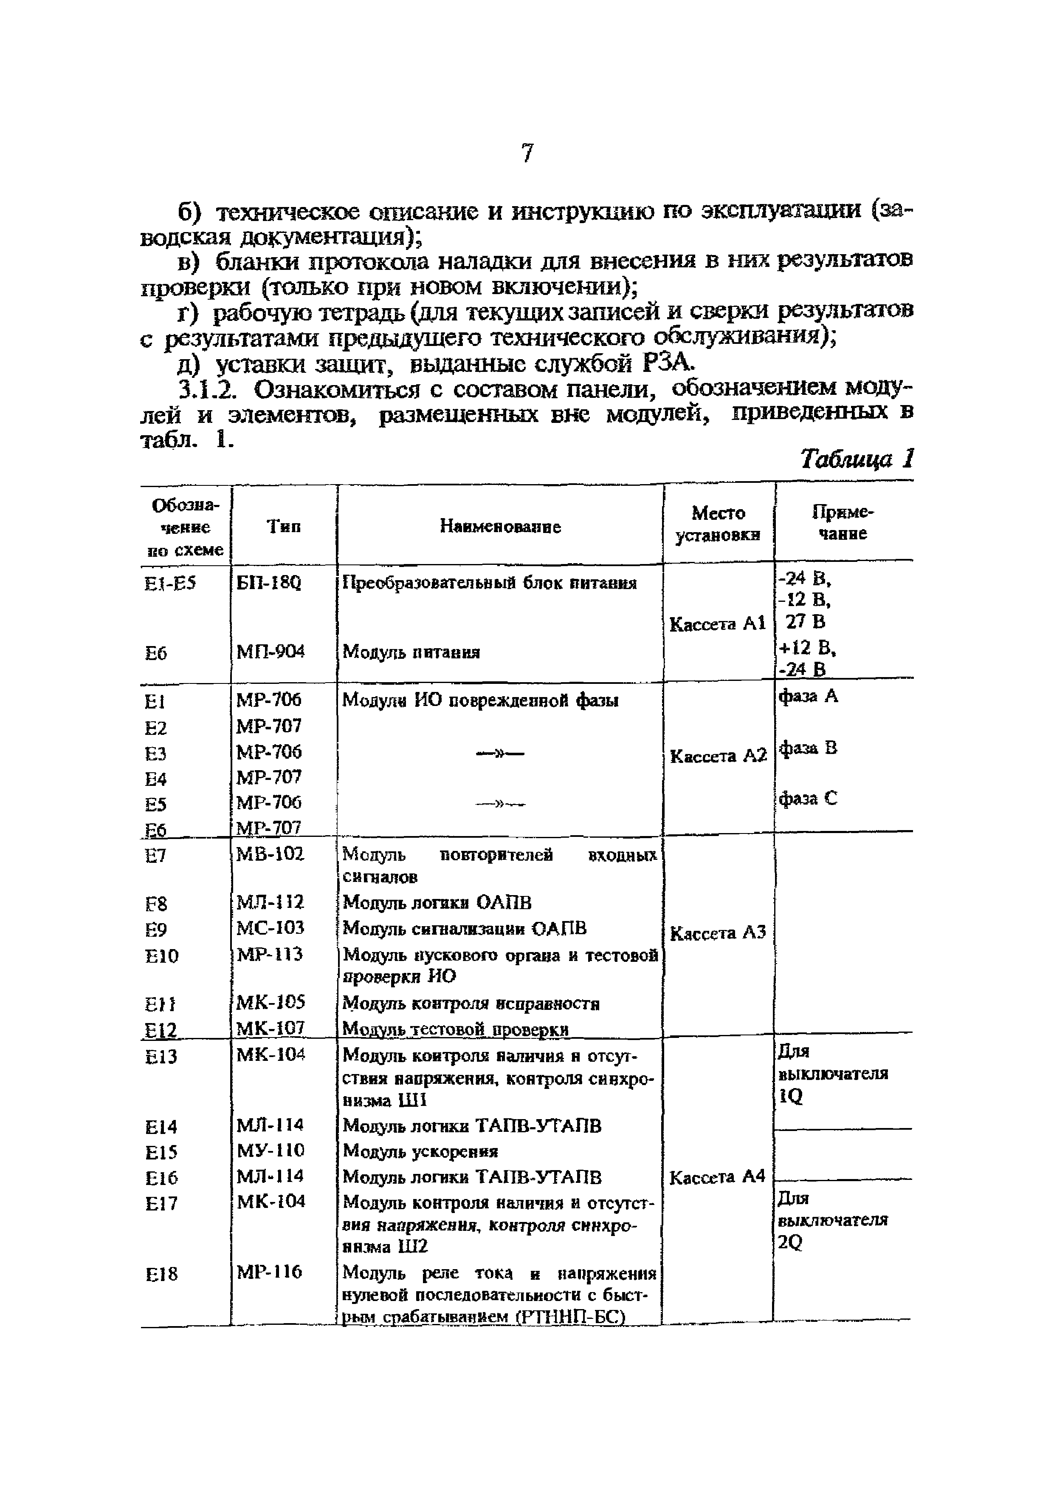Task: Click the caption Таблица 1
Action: coord(856,459)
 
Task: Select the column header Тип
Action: coord(284,527)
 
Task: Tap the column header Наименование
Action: coord(500,527)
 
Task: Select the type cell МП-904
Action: coord(270,651)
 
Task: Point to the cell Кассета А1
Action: coord(717,624)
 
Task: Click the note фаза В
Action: coord(808,748)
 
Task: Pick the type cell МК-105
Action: coord(271,1003)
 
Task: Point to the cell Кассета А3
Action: coord(717,933)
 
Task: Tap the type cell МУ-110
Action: coord(270,1151)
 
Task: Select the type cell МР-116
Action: coord(269,1272)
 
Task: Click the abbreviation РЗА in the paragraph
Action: coord(668,364)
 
